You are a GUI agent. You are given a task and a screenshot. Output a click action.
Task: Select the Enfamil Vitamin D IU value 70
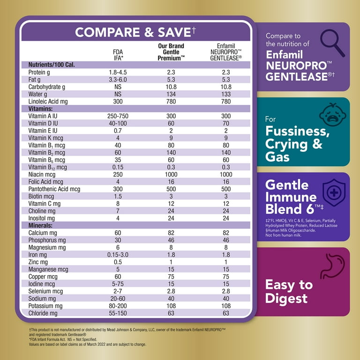pyautogui.click(x=226, y=123)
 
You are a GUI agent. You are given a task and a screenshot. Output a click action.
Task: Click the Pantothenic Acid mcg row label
pyautogui.click(x=54, y=189)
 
